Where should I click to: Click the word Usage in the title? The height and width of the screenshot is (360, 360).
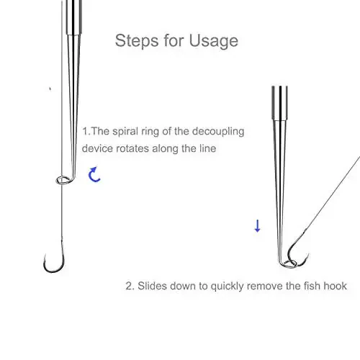click(214, 41)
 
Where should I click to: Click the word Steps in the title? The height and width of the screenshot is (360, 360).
click(137, 40)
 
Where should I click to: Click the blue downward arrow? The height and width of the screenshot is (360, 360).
click(257, 226)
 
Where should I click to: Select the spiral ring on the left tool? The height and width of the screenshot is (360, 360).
click(63, 180)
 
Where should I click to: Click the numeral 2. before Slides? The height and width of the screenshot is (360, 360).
click(130, 286)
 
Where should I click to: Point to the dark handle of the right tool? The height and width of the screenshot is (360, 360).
click(279, 103)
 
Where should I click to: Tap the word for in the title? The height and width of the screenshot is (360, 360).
click(174, 40)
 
